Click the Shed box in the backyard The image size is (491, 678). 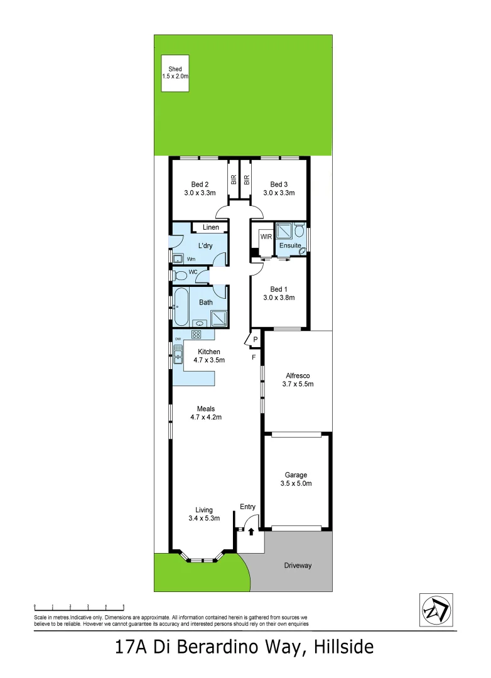tap(175, 73)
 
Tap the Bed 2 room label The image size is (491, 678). tap(200, 185)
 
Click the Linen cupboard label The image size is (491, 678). tap(210, 227)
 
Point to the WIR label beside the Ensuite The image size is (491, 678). tap(266, 236)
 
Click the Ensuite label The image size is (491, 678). tap(290, 245)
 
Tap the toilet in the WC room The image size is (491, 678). tap(181, 274)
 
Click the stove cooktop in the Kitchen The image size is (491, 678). tap(196, 335)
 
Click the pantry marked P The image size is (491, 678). tap(256, 340)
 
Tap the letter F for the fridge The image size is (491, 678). tap(254, 358)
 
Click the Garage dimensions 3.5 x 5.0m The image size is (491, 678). tap(296, 484)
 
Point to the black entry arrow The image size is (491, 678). tap(251, 532)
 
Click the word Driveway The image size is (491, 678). tap(298, 566)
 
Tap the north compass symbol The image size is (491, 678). tap(435, 610)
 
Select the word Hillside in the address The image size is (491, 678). tap(340, 647)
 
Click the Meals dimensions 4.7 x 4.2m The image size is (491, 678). tap(206, 417)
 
